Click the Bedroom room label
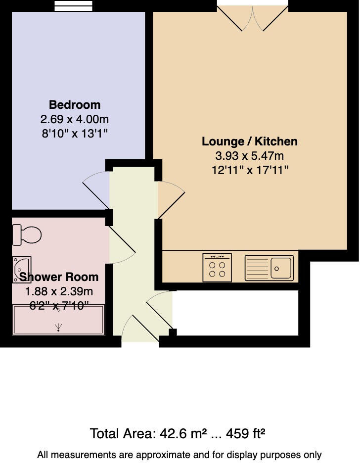pos(75,105)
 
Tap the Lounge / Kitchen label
pos(250,141)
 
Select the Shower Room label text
pos(59,277)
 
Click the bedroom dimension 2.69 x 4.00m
pos(75,119)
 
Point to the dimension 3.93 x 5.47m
pos(250,156)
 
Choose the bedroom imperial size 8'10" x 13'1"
pos(75,134)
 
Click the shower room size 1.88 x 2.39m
pos(59,291)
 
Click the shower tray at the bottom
pos(59,320)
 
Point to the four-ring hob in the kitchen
pos(217,268)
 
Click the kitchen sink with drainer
pos(269,268)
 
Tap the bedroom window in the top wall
pos(73,5)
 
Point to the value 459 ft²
pos(246,434)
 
